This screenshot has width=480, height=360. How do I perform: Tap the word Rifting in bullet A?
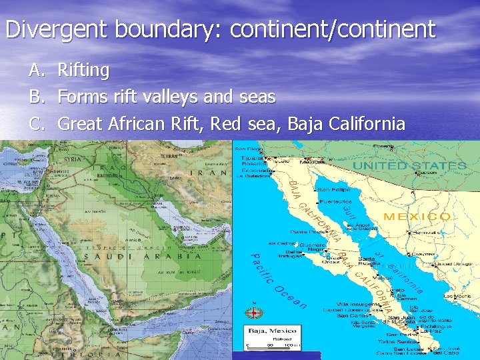tap(83, 69)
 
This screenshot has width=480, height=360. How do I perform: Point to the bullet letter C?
tap(35, 123)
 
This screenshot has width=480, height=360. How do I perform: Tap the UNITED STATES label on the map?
tap(409, 165)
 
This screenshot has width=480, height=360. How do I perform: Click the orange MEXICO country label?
tap(417, 217)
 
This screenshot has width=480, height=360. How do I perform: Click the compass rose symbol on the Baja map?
tap(255, 312)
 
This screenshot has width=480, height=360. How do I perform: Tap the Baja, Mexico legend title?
tap(273, 330)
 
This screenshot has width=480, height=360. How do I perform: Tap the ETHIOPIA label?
tap(87, 355)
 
